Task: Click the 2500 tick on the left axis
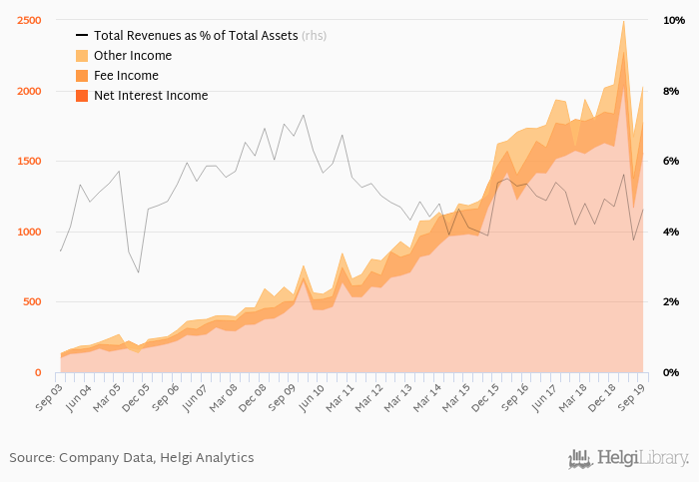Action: coord(27,20)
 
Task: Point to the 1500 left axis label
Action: coord(27,161)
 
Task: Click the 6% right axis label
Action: coord(671,161)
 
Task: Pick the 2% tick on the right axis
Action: coord(671,301)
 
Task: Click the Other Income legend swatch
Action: coord(83,56)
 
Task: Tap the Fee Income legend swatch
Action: coord(83,76)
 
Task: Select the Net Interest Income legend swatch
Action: coord(83,96)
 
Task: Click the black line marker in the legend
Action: coord(83,36)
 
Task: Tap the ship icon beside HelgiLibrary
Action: coord(580,459)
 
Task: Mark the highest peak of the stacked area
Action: coord(624,21)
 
